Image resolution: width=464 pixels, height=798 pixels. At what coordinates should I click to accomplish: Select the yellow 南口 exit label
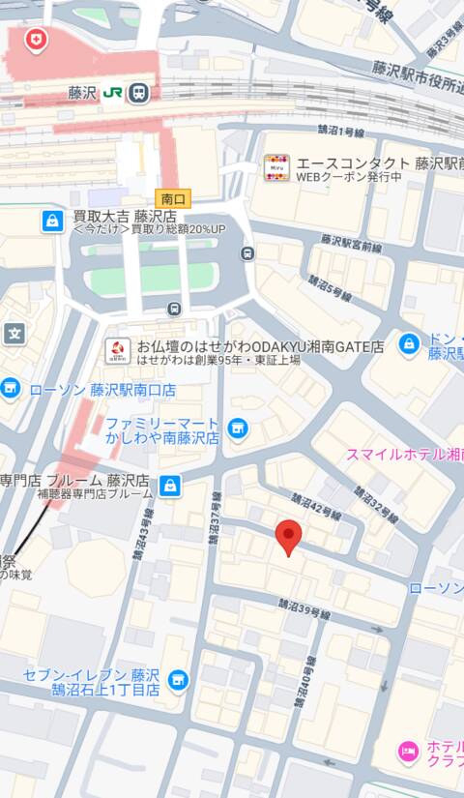pos(173,198)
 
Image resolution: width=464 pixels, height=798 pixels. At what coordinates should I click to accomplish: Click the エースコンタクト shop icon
pos(277,166)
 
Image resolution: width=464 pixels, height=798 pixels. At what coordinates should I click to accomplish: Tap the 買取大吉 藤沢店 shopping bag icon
pos(52,221)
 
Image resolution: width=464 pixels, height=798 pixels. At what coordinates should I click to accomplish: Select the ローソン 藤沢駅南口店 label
pos(102,390)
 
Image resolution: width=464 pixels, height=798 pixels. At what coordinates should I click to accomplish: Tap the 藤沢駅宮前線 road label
pos(351,243)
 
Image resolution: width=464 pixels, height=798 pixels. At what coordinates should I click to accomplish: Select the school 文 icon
pos(14,335)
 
